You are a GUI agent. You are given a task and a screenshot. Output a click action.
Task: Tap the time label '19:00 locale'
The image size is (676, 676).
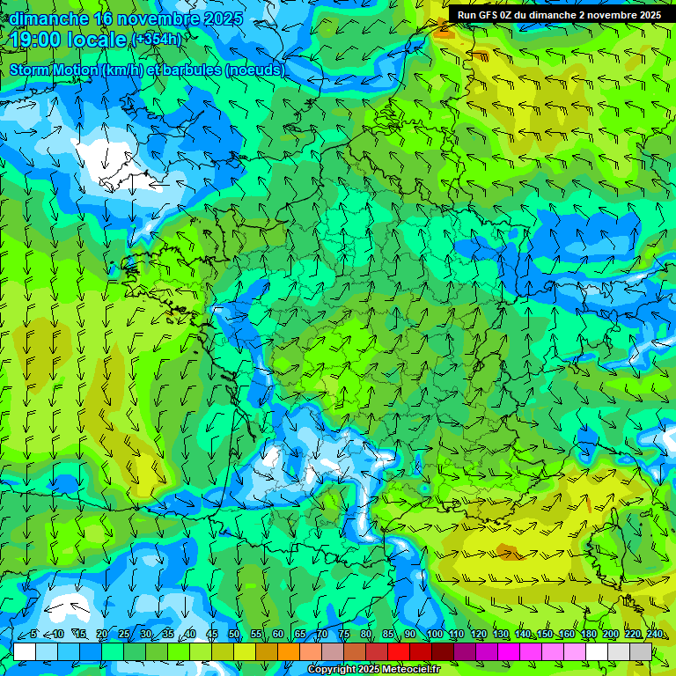click(x=68, y=40)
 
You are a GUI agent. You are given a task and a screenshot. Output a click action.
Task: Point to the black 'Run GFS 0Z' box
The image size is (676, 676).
click(x=560, y=14)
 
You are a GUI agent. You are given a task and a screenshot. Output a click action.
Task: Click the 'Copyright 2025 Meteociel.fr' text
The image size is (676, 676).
click(x=373, y=670)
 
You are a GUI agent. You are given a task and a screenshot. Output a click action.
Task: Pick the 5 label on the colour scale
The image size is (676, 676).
click(x=33, y=635)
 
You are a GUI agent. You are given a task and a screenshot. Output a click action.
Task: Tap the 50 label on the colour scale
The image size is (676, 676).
click(x=234, y=635)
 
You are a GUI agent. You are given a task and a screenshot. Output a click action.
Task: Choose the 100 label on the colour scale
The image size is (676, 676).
click(x=434, y=635)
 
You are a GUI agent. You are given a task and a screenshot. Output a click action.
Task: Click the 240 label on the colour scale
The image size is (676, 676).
click(x=654, y=635)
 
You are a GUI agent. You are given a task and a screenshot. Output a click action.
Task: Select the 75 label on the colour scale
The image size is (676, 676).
click(x=344, y=635)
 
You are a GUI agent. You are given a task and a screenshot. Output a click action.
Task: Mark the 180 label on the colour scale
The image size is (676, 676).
click(x=588, y=635)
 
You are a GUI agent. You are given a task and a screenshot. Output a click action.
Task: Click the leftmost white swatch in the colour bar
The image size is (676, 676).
click(x=25, y=651)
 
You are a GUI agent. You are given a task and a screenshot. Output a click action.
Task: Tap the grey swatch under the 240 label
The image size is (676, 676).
click(x=641, y=651)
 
